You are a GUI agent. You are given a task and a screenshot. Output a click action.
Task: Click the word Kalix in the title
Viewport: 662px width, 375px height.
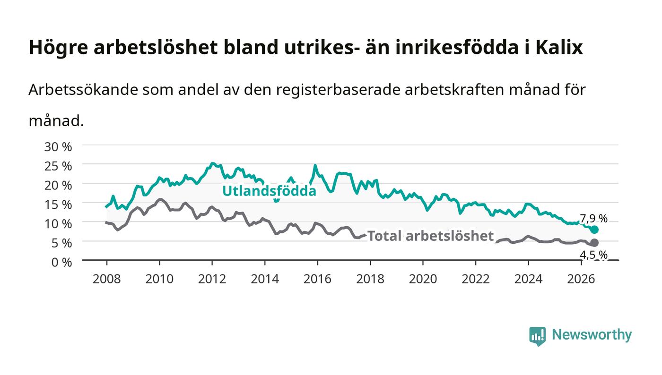(x=559, y=47)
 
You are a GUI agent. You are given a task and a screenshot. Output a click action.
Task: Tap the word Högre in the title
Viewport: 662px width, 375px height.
(x=58, y=48)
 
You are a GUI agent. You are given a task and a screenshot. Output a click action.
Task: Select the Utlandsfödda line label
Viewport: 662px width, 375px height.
(x=269, y=191)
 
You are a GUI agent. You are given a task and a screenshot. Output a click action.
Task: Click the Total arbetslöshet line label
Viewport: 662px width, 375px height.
(x=430, y=236)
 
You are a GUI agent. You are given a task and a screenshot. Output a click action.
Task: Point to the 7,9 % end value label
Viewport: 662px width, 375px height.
(x=593, y=219)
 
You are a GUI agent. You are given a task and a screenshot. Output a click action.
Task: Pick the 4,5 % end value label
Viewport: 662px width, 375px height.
(x=593, y=255)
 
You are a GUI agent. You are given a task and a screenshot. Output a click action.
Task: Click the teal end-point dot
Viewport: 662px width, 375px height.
(x=595, y=230)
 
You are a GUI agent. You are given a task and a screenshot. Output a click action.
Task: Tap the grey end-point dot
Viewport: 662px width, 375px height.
(x=595, y=243)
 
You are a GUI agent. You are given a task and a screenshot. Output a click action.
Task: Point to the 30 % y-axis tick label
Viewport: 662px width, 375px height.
(x=58, y=147)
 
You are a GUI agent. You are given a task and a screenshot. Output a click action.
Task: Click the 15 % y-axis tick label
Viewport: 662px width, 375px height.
(x=58, y=205)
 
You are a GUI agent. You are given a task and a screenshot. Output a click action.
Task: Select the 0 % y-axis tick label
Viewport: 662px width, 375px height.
(x=62, y=262)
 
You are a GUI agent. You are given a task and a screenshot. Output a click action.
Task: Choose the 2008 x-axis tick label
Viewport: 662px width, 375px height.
(x=107, y=279)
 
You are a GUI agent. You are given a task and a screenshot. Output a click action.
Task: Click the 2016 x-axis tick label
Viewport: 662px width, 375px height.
(x=317, y=279)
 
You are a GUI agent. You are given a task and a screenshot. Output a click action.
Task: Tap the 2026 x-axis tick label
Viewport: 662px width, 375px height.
(x=581, y=279)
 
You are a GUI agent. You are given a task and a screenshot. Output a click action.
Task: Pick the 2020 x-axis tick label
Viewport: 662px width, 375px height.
(x=423, y=279)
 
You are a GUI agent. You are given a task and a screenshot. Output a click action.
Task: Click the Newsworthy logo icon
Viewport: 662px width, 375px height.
(x=538, y=336)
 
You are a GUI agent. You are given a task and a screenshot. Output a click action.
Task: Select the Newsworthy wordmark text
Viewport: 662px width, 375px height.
(x=592, y=335)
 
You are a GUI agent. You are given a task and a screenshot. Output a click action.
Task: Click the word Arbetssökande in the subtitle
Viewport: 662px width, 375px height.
(x=83, y=90)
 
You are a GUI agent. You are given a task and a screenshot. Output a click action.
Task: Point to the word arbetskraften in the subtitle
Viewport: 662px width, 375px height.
(x=454, y=90)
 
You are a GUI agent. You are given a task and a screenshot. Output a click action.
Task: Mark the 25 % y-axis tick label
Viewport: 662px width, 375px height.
(x=58, y=166)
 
